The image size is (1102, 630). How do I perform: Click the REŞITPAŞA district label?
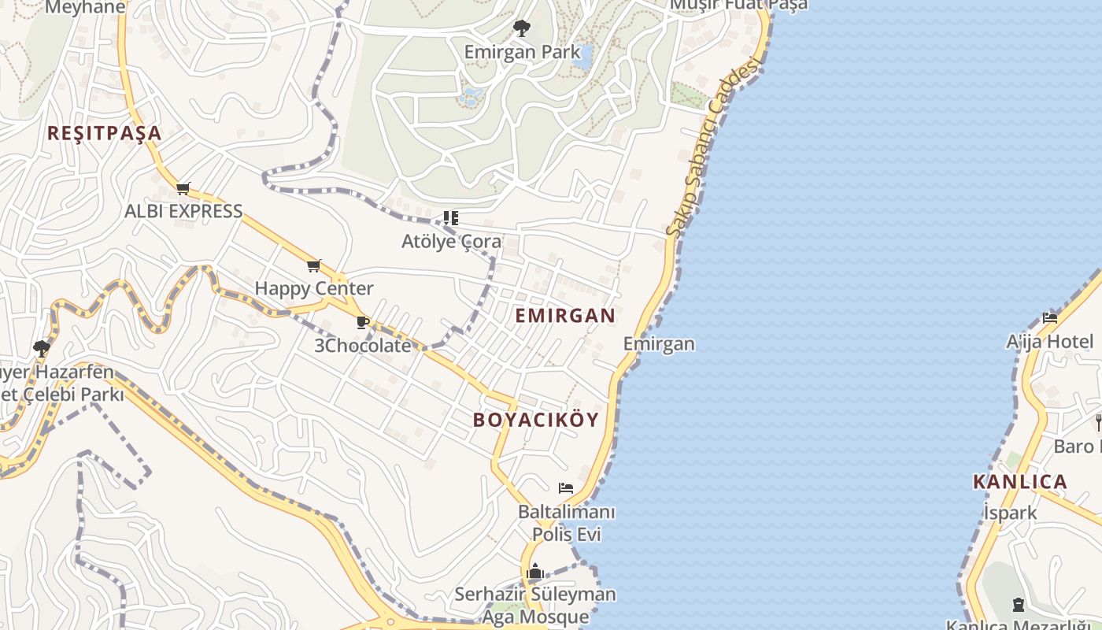tap(104, 133)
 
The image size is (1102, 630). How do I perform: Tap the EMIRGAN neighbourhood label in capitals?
tap(565, 316)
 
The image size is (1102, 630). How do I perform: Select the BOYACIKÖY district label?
tap(536, 420)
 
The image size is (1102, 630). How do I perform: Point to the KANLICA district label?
tap(1020, 482)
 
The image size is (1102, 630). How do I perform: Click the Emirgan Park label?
tap(522, 53)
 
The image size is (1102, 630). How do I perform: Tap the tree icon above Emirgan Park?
tap(521, 29)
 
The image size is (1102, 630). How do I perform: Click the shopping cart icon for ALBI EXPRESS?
tap(183, 188)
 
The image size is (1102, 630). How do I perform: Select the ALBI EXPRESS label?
tap(183, 211)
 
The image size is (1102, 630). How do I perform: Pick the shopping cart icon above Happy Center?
tap(314, 265)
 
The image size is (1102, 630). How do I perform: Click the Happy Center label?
tap(314, 288)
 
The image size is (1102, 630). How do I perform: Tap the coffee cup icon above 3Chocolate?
tap(363, 322)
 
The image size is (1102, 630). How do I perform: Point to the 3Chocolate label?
tap(363, 345)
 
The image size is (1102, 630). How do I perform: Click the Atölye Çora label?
tap(451, 241)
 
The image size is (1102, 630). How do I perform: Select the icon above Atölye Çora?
tap(450, 217)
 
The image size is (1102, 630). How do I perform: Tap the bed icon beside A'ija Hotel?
tap(1050, 318)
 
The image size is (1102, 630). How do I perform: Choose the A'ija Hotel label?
tap(1050, 341)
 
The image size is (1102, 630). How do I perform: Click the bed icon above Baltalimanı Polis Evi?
tap(566, 488)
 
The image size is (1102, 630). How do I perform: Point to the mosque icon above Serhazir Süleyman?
tap(535, 571)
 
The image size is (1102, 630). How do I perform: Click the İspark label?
tap(1011, 513)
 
